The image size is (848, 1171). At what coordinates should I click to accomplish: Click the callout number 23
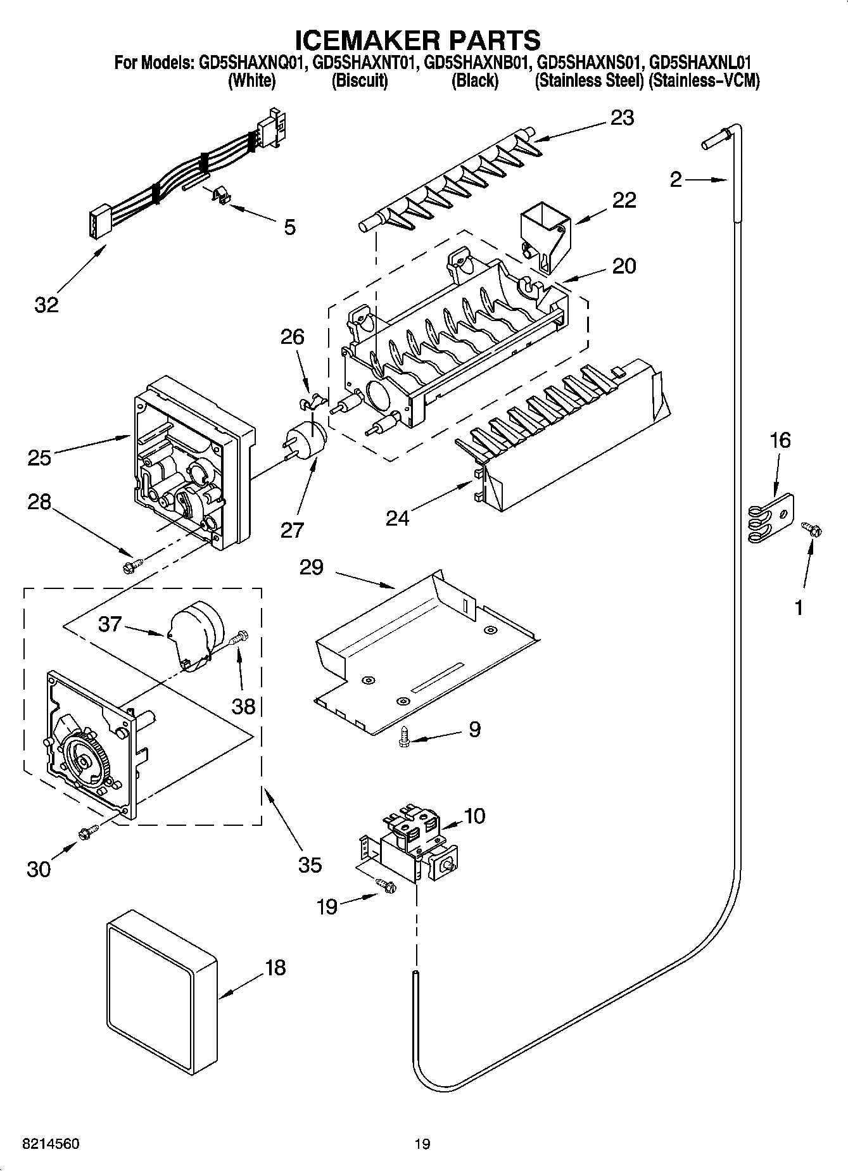(622, 118)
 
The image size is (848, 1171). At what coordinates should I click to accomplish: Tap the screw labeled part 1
(810, 528)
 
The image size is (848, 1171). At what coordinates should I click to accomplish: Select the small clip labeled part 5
(219, 196)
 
